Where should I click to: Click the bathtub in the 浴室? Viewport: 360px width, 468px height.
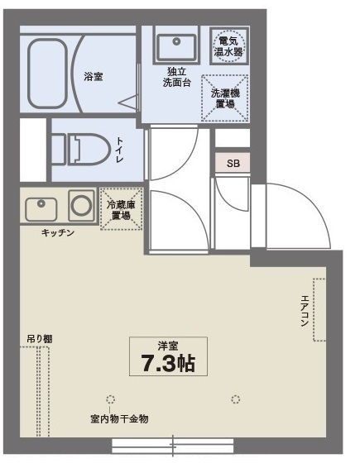[x=50, y=74]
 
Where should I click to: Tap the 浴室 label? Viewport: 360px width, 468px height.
[x=93, y=76]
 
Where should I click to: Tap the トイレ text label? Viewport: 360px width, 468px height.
[x=120, y=150]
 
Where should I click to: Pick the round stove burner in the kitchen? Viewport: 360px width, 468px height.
[x=81, y=204]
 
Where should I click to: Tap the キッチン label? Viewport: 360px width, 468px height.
[x=58, y=232]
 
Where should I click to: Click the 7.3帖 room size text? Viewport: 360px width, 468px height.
[x=168, y=365]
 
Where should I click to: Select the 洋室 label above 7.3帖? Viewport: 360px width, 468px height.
[x=168, y=345]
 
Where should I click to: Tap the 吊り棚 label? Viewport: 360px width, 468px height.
[x=39, y=338]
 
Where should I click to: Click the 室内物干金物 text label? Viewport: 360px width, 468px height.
[x=119, y=418]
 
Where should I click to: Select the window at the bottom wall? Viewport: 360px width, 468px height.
[x=173, y=447]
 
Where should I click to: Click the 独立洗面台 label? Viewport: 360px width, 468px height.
[x=177, y=78]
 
